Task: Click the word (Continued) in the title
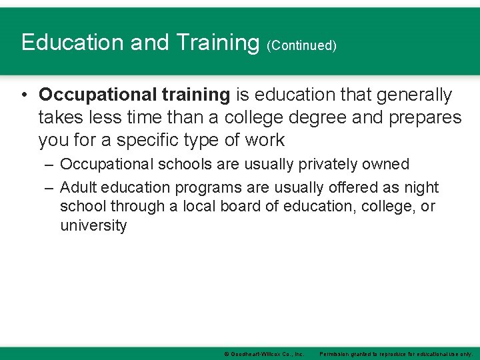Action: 301,45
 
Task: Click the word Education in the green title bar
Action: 73,42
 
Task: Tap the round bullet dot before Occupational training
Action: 24,95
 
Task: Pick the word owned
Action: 387,164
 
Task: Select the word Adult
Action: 78,188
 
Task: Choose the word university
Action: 93,225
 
